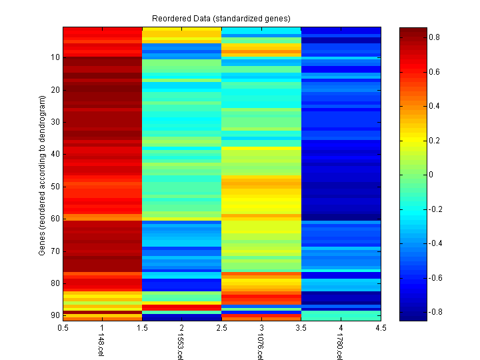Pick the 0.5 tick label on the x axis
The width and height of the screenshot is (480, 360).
click(63, 328)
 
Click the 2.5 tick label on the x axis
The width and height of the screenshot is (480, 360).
click(222, 328)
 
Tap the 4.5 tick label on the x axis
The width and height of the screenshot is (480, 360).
click(380, 328)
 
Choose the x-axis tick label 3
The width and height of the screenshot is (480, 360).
click(261, 328)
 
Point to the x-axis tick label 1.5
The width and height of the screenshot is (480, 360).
click(143, 328)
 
